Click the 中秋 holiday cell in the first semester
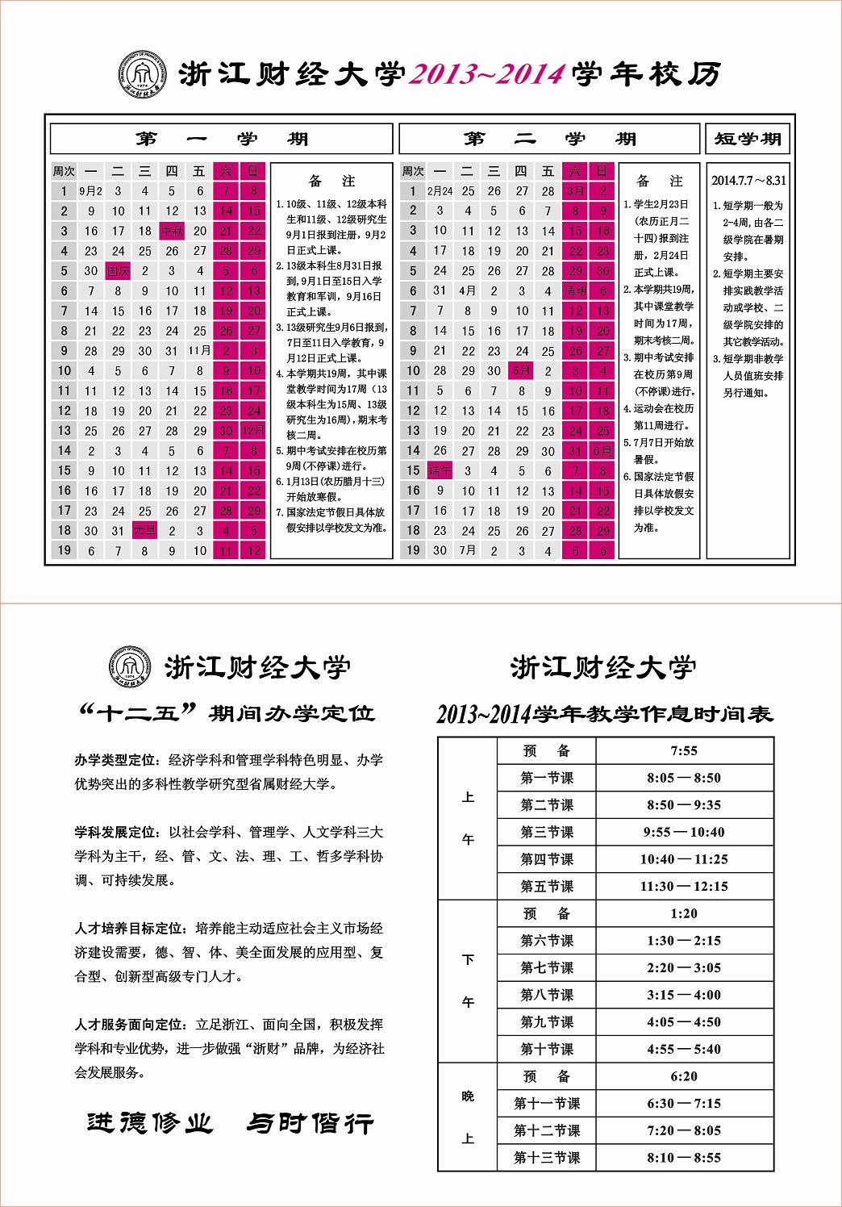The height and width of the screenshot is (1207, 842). [x=173, y=231]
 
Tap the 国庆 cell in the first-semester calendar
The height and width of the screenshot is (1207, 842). [x=118, y=271]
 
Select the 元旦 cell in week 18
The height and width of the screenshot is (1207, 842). [x=145, y=530]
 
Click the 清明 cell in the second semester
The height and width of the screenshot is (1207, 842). [x=576, y=291]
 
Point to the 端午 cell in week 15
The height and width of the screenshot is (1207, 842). [x=440, y=470]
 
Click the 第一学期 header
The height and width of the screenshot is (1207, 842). [x=222, y=139]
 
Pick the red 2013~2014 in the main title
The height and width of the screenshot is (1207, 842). [x=487, y=74]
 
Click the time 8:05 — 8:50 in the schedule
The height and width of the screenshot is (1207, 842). [x=684, y=778]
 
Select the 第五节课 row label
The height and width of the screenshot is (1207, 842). [x=547, y=886]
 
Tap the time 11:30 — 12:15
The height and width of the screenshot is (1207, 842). [x=684, y=886]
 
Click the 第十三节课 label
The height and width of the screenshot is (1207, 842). [x=547, y=1158]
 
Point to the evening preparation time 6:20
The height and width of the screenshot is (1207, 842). [x=684, y=1076]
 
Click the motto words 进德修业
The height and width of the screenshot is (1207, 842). [x=150, y=1122]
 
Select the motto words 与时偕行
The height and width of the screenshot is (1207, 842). [x=311, y=1122]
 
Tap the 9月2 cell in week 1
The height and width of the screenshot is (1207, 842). [x=90, y=191]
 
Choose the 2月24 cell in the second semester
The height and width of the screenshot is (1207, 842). [x=440, y=191]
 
